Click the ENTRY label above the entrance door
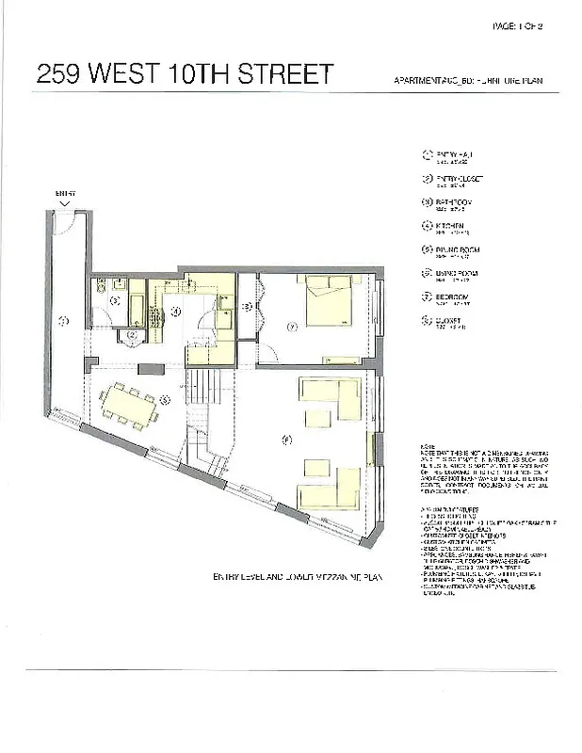64,193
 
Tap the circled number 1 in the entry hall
64,322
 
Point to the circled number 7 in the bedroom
293,327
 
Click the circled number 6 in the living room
287,439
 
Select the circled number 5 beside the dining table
165,399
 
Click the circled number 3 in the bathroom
115,301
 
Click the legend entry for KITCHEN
448,227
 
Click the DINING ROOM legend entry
453,250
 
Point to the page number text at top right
518,26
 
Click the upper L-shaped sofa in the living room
330,399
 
